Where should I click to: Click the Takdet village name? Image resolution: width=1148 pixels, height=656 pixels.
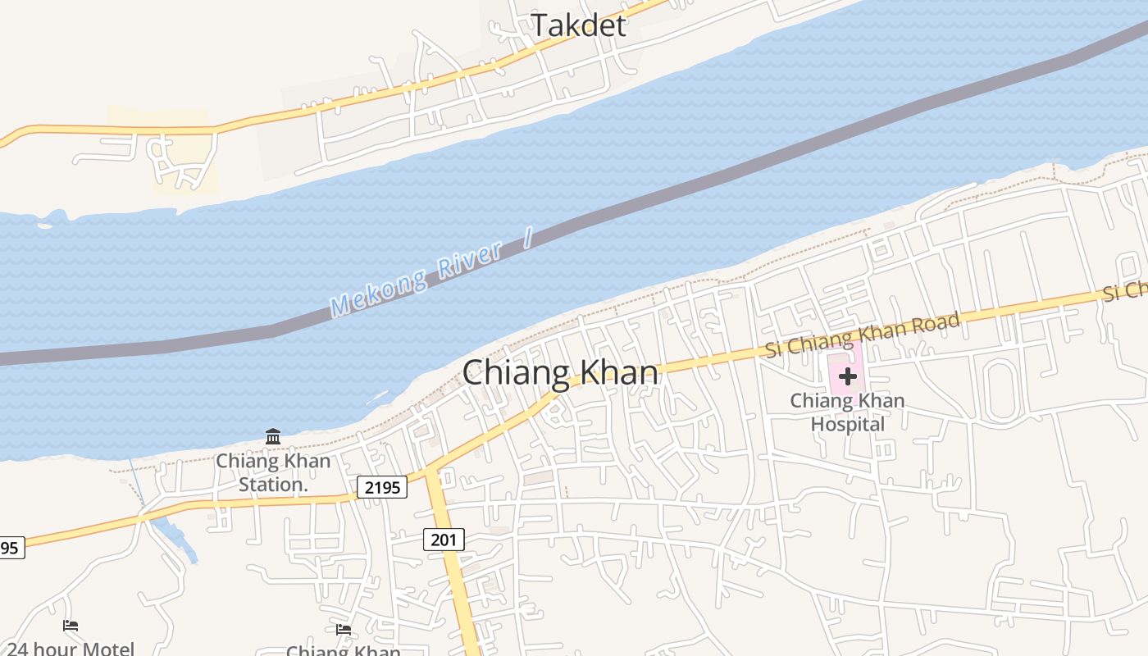578,25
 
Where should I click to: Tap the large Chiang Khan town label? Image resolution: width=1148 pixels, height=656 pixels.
560,373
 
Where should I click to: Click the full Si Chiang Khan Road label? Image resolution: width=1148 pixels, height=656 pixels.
862,335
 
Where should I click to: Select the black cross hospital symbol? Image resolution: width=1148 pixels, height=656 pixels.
848,376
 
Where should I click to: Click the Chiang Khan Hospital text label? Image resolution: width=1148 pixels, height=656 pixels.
848,412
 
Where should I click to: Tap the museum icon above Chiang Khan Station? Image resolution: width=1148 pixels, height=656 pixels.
273,435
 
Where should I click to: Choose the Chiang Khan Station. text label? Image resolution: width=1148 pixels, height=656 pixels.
273,472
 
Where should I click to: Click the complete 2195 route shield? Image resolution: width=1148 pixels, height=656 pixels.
382,488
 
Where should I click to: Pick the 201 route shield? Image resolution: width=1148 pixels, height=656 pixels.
444,540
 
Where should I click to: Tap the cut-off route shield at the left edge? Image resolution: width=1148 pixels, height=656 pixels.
11,548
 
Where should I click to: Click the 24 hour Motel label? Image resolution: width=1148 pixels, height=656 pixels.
71,649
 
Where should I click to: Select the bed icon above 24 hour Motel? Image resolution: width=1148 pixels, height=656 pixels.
71,626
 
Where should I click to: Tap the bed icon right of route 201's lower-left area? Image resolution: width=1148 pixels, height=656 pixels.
344,629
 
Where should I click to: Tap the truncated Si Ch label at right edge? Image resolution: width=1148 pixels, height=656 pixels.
1125,292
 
